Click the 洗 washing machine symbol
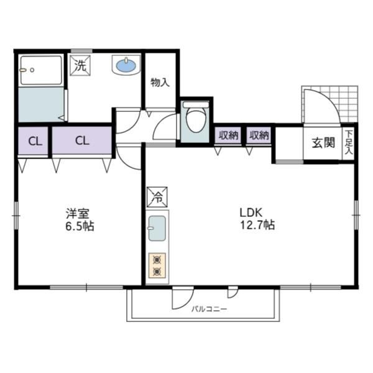81,65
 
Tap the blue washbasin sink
126,65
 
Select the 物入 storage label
160,83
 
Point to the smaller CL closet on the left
34,141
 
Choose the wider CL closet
82,140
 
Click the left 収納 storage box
228,136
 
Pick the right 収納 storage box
259,136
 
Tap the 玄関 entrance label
323,143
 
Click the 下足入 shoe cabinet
349,143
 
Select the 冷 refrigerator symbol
157,197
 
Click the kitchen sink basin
157,228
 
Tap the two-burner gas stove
157,265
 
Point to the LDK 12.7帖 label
257,219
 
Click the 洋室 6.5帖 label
80,219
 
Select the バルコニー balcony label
210,309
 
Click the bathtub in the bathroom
40,70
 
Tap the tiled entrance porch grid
329,104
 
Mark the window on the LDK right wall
356,215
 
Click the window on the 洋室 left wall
16,216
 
